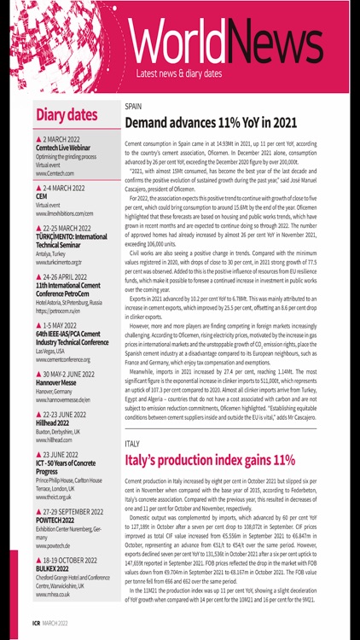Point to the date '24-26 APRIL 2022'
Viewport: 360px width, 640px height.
click(71, 277)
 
